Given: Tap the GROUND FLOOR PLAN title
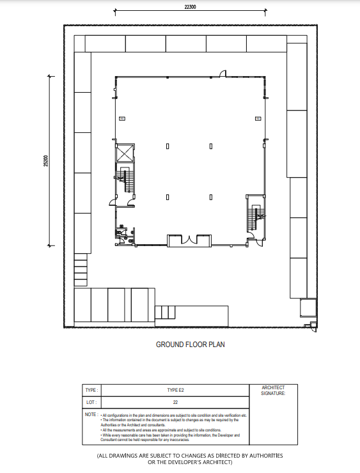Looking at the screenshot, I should coord(191,345).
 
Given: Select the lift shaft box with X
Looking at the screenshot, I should coord(124,153).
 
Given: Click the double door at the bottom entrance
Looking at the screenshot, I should coord(189,240).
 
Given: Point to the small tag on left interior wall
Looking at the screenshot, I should coord(122,118).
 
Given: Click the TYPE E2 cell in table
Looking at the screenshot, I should coord(175,389).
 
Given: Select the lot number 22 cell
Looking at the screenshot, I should coord(175,403).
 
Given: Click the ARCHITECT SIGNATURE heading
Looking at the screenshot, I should coord(273,391).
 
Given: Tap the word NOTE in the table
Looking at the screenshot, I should coord(90,415).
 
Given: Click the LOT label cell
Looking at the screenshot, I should coord(90,403).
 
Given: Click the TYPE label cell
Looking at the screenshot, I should coord(90,389).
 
